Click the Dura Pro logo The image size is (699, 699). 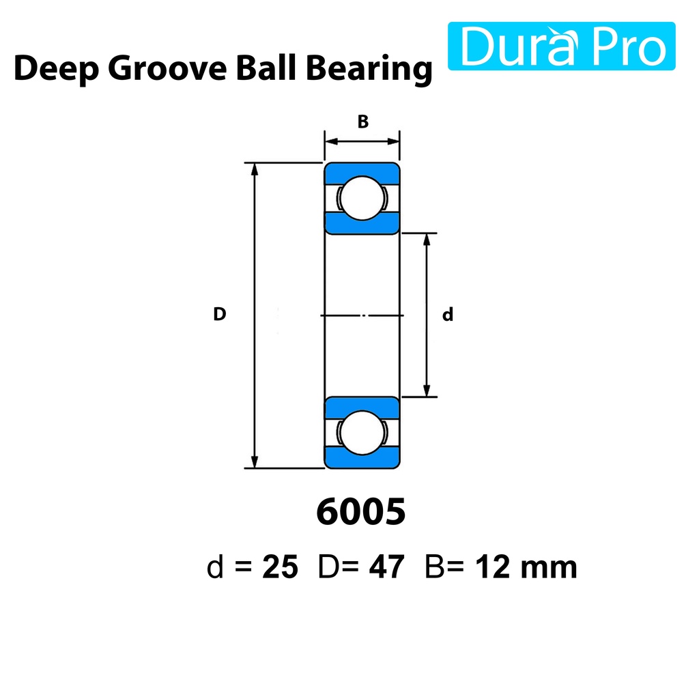click(561, 46)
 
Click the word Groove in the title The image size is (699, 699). click(167, 68)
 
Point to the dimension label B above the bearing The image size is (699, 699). click(363, 122)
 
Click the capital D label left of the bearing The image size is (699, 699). click(219, 314)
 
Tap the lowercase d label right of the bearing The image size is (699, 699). click(448, 314)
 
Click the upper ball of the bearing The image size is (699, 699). click(362, 198)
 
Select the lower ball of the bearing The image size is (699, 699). click(362, 432)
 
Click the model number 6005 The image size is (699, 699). click(361, 512)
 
